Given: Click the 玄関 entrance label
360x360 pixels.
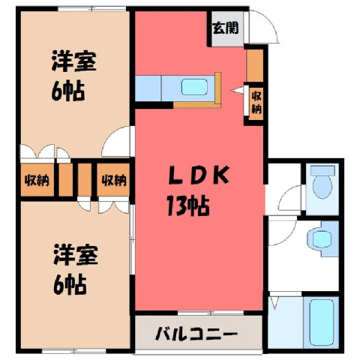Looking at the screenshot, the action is coord(226,28).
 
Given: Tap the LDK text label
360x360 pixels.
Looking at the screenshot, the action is coord(199,175).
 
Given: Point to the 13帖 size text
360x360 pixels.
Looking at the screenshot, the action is coord(188,206).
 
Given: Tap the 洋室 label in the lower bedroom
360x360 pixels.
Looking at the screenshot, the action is coord(76,255).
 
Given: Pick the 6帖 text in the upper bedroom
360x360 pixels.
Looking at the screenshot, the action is coord(68,91).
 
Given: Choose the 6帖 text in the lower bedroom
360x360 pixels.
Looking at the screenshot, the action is coord(70,285).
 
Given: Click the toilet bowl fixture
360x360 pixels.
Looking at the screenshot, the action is coord(322,186).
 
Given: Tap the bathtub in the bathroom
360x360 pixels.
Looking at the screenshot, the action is coord(322,322).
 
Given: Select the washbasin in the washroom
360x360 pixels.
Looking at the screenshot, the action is coord(321,238).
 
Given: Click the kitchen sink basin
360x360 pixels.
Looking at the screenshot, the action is coord(194,87).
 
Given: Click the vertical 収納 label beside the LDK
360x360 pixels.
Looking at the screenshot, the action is coord(256,103).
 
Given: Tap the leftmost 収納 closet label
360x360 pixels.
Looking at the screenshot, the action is coord(37,180).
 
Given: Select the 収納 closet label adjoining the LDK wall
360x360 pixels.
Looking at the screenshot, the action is coord(114,180).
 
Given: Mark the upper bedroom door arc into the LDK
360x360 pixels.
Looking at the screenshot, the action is coord(110,136).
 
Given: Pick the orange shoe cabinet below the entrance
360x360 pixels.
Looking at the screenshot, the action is coord(255,65).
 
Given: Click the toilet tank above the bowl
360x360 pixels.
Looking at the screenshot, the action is coord(322,170).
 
